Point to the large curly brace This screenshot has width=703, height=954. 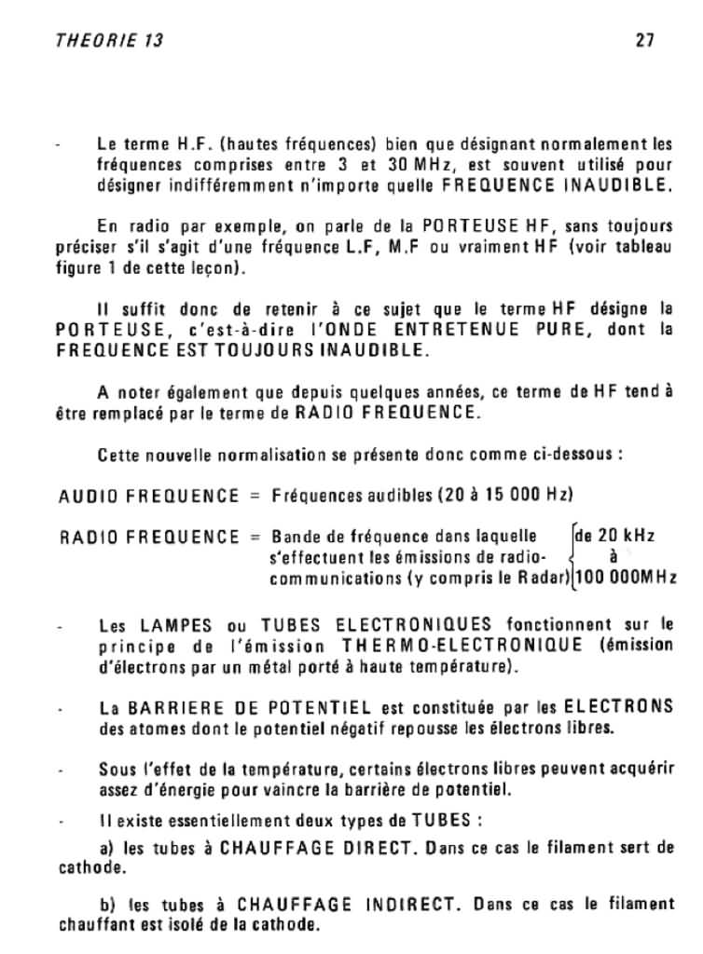click(x=570, y=556)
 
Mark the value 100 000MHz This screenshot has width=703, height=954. click(x=626, y=578)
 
